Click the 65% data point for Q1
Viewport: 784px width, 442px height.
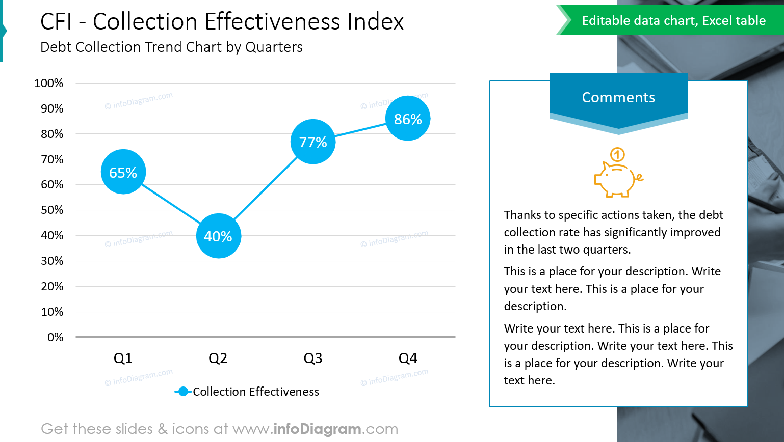point(123,172)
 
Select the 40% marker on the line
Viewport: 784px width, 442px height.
point(218,236)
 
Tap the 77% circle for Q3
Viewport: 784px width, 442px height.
point(313,142)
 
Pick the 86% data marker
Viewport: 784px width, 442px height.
point(408,119)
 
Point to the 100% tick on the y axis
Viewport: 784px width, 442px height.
point(49,83)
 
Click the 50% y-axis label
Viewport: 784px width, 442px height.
point(52,210)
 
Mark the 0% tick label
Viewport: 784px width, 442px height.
point(55,337)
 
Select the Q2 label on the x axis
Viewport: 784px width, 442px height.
point(218,358)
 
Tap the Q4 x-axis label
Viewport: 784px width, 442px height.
point(408,358)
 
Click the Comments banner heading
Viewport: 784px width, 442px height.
point(618,97)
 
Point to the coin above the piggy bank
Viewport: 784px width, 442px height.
point(617,154)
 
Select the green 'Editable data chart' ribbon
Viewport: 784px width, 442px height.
point(673,20)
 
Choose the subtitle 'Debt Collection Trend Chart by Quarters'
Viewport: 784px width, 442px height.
point(171,47)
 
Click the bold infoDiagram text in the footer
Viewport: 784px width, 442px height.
point(318,429)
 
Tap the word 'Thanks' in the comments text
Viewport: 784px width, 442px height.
point(522,215)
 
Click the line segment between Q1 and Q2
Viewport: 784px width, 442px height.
point(171,204)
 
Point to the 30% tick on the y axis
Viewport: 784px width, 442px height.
point(52,261)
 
